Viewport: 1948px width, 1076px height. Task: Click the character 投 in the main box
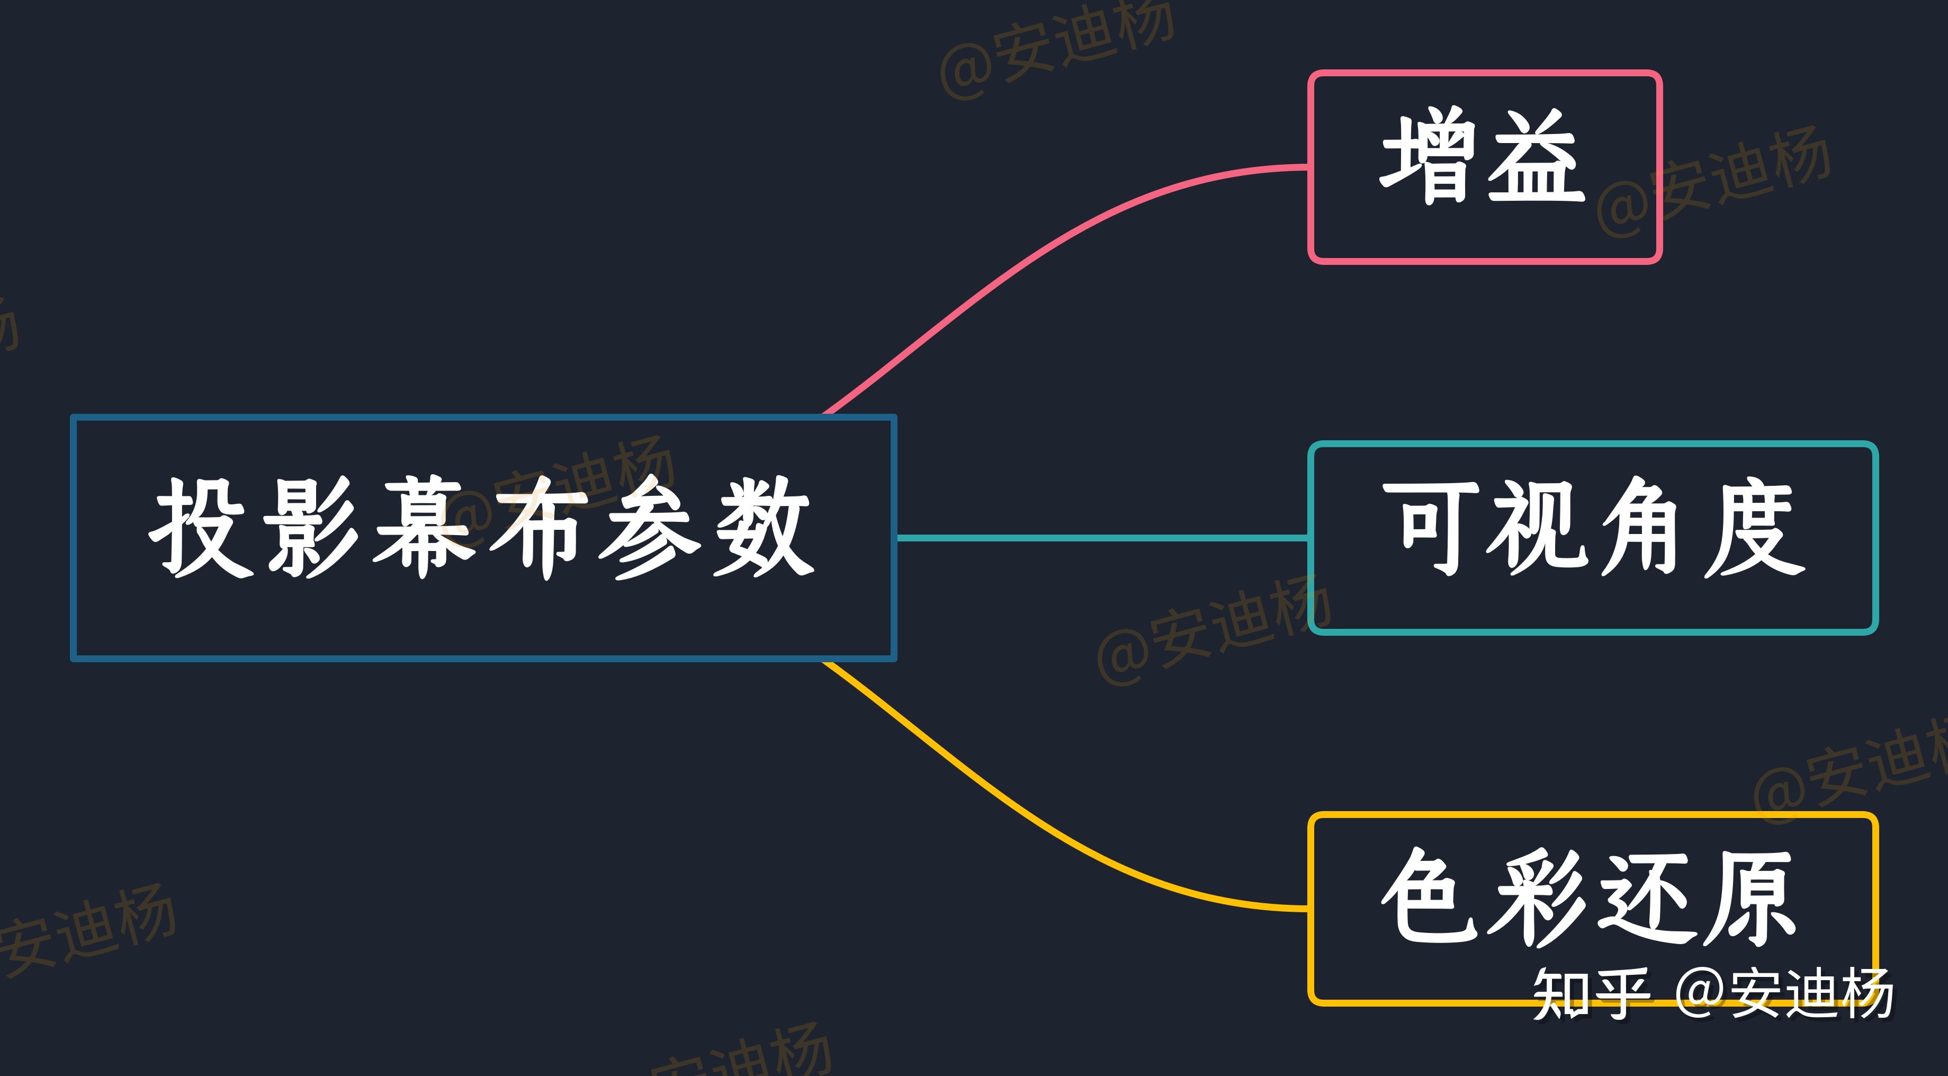[x=200, y=528]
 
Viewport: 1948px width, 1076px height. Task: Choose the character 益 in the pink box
[x=1535, y=157]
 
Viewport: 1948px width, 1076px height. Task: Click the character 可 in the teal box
[x=1429, y=528]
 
